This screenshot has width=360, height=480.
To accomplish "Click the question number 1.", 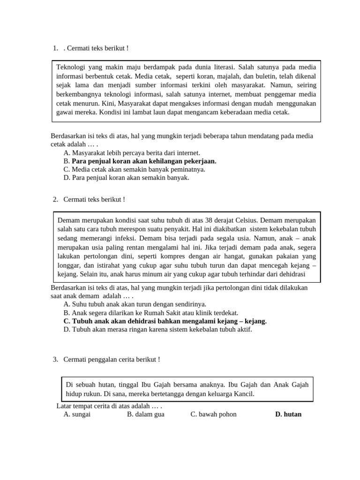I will pyautogui.click(x=55, y=48).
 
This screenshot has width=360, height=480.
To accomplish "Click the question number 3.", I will pyautogui.click(x=55, y=360).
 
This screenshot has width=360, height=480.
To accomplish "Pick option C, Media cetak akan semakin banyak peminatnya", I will pyautogui.click(x=134, y=169).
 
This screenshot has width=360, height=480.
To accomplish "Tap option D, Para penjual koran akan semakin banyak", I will pyautogui.click(x=126, y=178).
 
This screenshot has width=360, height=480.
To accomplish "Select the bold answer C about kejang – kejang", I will pyautogui.click(x=165, y=321).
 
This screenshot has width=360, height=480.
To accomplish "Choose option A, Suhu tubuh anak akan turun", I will pyautogui.click(x=135, y=304).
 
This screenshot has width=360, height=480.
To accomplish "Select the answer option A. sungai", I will pyautogui.click(x=77, y=414).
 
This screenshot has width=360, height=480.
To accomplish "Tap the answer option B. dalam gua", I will pyautogui.click(x=145, y=414).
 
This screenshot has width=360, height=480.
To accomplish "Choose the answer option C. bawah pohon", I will pyautogui.click(x=213, y=414).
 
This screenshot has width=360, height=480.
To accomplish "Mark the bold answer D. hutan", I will pyautogui.click(x=288, y=414).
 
